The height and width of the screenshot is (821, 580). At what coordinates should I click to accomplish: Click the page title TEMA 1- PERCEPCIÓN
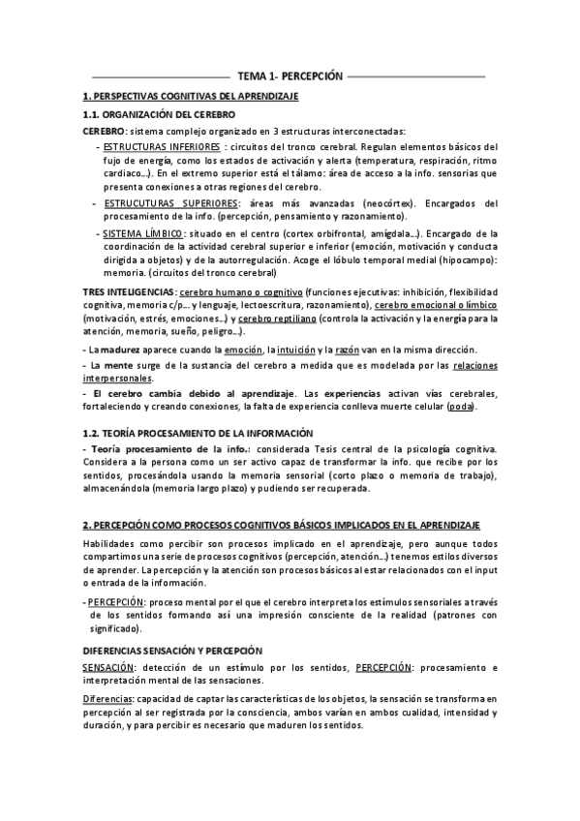pyautogui.click(x=290, y=75)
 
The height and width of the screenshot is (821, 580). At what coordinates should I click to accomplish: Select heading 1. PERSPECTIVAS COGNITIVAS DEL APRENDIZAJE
pyautogui.click(x=191, y=96)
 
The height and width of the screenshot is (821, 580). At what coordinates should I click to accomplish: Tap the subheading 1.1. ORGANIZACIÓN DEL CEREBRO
pyautogui.click(x=159, y=114)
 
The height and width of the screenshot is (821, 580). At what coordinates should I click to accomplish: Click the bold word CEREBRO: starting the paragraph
pyautogui.click(x=104, y=130)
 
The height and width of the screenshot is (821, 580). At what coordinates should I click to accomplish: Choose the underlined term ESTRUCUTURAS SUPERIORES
pyautogui.click(x=170, y=203)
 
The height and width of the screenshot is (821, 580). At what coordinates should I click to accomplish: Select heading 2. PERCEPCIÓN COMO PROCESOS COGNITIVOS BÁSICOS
pyautogui.click(x=281, y=524)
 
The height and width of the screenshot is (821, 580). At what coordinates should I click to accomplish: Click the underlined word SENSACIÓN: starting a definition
pyautogui.click(x=107, y=668)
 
